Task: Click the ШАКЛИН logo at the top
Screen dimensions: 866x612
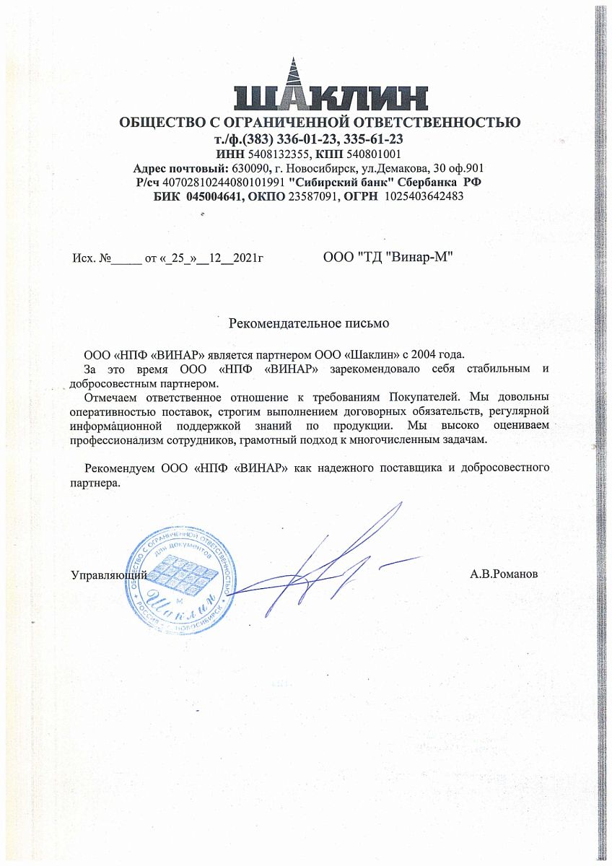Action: (x=331, y=87)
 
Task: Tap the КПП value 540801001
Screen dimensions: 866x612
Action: (x=365, y=154)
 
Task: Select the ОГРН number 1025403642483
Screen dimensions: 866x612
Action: (x=424, y=196)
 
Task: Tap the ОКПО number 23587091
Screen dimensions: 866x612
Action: (x=312, y=196)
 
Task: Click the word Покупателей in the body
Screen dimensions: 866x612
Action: (x=422, y=397)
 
